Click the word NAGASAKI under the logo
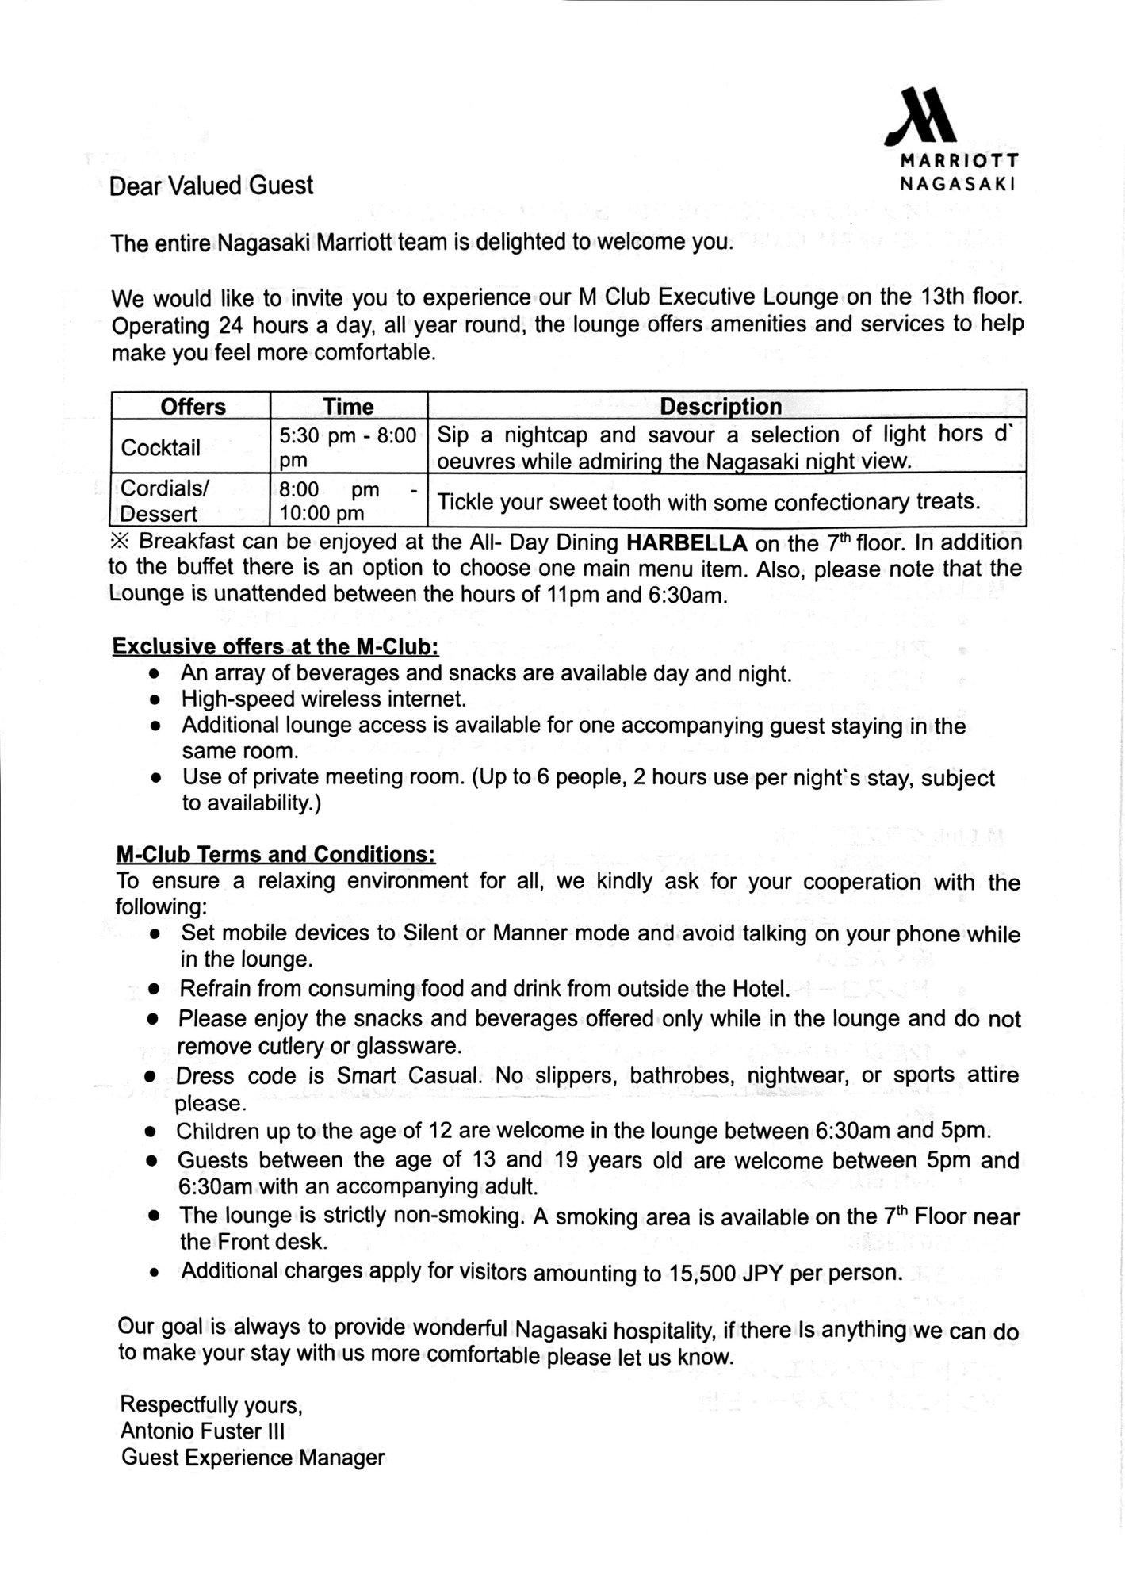click(x=959, y=182)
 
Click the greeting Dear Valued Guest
click(x=211, y=186)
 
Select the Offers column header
click(x=193, y=407)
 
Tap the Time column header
click(x=348, y=407)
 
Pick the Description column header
click(x=720, y=407)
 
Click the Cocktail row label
click(x=160, y=447)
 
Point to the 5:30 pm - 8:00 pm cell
click(x=347, y=447)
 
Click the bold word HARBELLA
click(x=687, y=543)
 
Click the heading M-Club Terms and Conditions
click(x=275, y=854)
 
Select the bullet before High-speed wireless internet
click(x=157, y=700)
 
